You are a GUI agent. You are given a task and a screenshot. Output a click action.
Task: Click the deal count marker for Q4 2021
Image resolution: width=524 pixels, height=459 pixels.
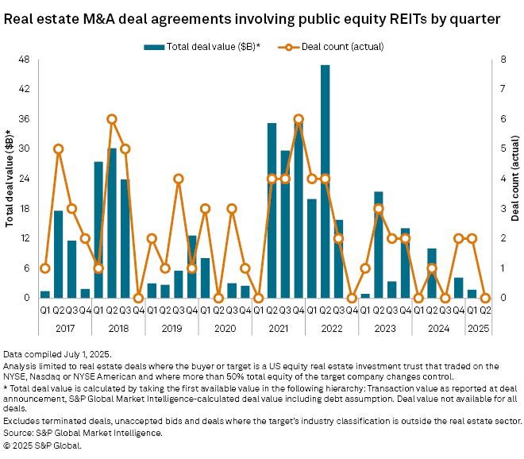click(299, 119)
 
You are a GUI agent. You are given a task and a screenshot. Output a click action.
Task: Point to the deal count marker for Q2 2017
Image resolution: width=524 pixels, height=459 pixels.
click(58, 148)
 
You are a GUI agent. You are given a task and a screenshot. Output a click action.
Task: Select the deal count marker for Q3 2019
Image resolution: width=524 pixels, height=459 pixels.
click(179, 179)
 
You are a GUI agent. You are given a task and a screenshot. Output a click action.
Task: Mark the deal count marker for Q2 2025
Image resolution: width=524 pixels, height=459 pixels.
click(486, 298)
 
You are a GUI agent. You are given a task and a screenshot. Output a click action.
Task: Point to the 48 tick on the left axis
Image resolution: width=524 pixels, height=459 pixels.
click(24, 60)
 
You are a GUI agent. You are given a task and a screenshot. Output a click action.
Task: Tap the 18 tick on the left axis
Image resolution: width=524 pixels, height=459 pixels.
click(24, 208)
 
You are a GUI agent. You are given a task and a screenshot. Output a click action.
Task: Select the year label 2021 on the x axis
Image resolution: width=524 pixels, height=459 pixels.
click(279, 326)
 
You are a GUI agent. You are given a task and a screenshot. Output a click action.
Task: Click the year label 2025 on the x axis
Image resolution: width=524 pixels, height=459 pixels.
click(480, 326)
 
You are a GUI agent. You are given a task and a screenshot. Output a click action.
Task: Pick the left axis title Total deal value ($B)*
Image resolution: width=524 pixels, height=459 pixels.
click(10, 179)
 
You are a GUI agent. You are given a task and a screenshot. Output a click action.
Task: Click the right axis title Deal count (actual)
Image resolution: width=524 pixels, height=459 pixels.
click(514, 179)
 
